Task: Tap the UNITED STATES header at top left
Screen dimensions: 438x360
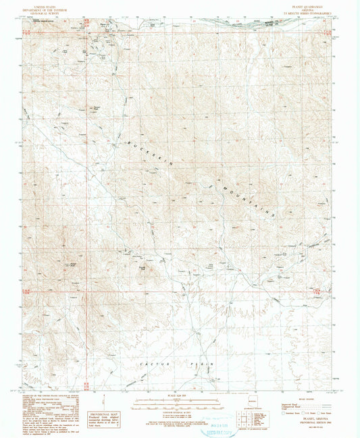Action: coord(49,4)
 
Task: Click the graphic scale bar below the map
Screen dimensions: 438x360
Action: coord(179,404)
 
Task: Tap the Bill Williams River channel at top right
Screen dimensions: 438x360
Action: coord(297,24)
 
